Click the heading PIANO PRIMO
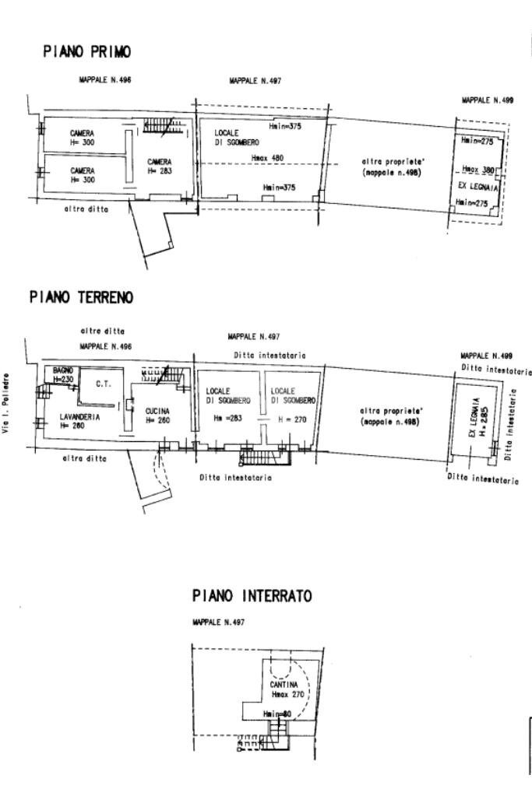tap(86, 52)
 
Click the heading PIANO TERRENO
tap(81, 297)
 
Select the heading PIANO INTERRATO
tap(252, 596)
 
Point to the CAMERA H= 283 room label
tap(160, 167)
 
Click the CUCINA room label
tap(157, 415)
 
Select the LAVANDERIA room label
tap(79, 421)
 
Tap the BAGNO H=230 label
tap(63, 374)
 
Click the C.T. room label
tap(103, 384)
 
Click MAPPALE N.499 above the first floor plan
tap(487, 100)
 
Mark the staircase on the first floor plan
tap(162, 125)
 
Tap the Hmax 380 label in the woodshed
tap(477, 170)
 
